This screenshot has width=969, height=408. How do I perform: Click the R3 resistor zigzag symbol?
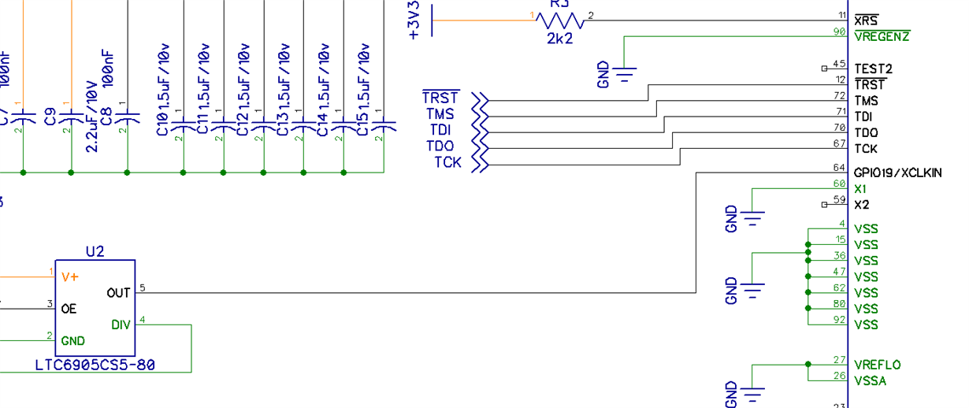coord(559,20)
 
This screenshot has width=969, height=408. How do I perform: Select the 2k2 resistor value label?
coord(559,38)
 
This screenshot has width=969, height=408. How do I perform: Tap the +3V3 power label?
coord(418,20)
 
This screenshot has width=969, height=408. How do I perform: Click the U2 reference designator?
coord(95,251)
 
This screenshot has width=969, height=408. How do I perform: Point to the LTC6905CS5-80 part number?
coord(95,365)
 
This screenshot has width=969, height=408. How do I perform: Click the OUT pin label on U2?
coord(118,293)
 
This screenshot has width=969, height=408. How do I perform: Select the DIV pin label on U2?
coord(121,325)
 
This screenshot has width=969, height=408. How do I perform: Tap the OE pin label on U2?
coord(69,309)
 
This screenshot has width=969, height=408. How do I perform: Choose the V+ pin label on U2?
coord(69,277)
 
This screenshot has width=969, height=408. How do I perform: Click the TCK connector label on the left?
coord(447,163)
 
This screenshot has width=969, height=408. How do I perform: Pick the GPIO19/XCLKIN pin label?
coord(897,172)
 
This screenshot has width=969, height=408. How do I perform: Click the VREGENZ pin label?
coord(882,36)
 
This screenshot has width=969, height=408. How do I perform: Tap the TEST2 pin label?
coord(871,69)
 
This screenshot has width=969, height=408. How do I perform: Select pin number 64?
coord(839,168)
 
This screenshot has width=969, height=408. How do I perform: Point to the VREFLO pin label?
coord(877,365)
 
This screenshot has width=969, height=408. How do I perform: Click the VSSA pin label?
coord(870,381)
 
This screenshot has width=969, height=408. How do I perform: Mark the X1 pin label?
coord(860,189)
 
